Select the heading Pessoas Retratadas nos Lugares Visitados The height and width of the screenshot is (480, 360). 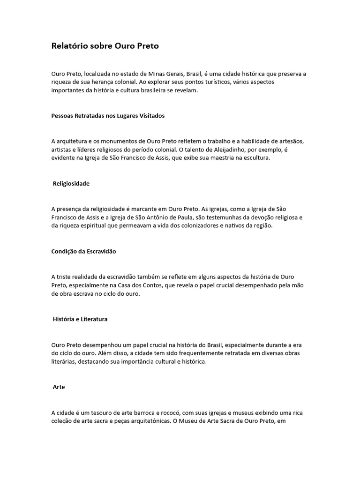108,116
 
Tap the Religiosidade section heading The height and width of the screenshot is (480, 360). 71,183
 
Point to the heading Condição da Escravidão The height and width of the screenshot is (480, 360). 83,251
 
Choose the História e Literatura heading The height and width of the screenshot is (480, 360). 80,319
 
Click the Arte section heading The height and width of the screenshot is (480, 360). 59,387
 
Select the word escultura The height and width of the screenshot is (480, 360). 256,158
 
